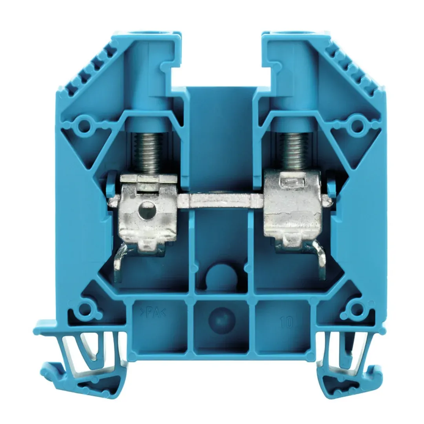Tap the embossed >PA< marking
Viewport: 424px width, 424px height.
(x=152, y=314)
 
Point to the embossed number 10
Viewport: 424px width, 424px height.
(x=286, y=322)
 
